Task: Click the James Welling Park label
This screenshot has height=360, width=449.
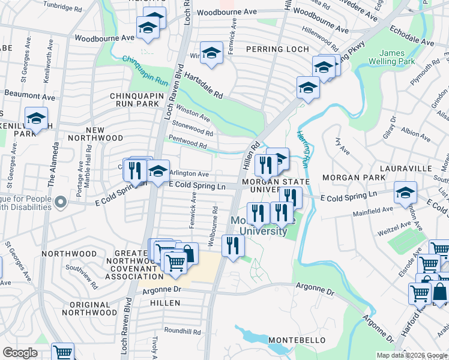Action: coord(397,57)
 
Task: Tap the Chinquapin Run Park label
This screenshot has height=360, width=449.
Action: coord(133,99)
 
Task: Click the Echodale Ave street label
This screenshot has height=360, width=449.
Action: coord(412,35)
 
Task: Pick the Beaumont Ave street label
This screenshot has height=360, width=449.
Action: coord(29,95)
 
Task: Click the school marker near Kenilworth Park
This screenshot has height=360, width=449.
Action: coord(36,118)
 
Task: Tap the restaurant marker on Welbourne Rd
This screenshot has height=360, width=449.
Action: coord(232,245)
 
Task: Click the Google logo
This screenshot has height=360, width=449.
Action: coord(20,353)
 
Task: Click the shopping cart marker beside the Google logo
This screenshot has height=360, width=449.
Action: coord(62,352)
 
